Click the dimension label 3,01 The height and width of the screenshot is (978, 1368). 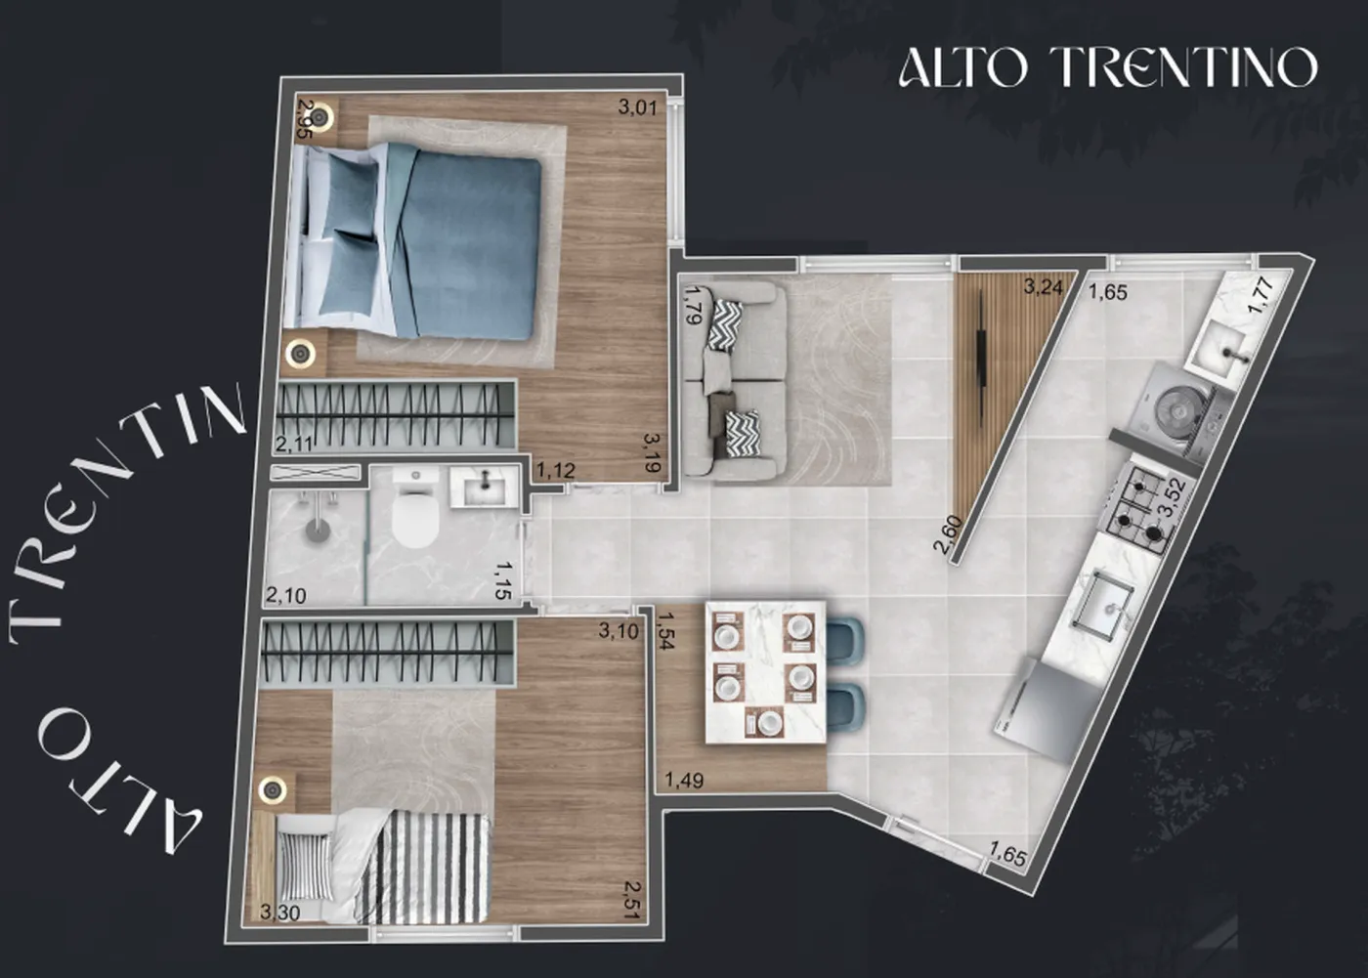tap(637, 108)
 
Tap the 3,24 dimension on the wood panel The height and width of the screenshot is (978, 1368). tap(1044, 287)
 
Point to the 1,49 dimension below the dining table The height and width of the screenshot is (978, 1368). tap(684, 780)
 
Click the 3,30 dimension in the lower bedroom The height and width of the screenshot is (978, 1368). tap(280, 914)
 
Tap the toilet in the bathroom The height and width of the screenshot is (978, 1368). tap(414, 512)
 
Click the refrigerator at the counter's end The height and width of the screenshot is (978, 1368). tap(1038, 708)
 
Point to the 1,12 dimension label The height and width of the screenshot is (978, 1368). tap(556, 470)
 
